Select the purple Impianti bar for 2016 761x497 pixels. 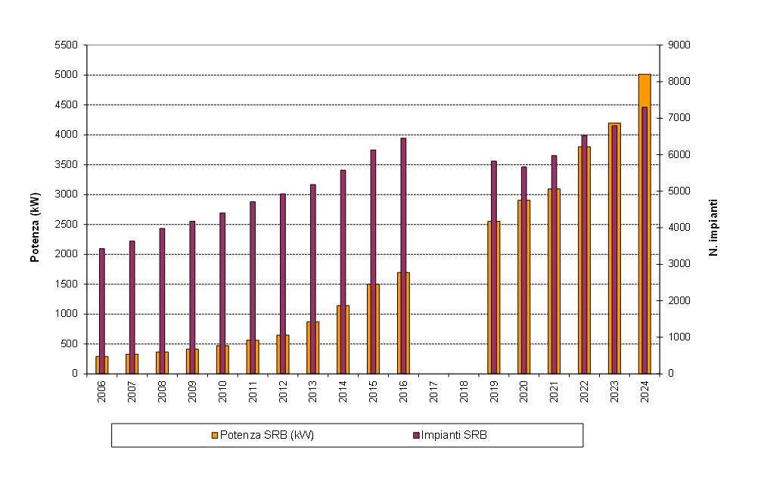click(403, 204)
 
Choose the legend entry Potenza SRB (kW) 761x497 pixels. click(262, 434)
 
